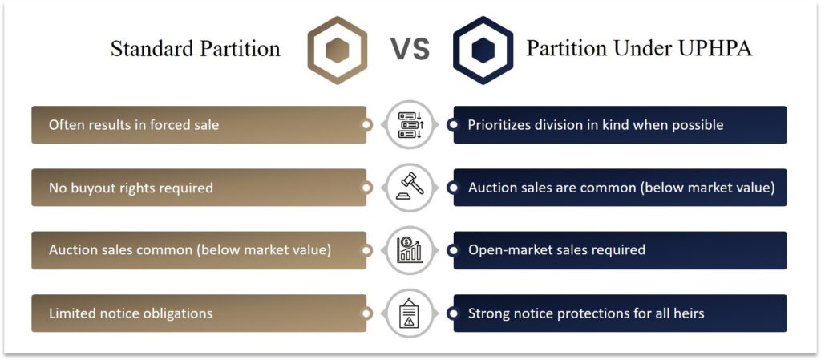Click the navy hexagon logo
pos(482,51)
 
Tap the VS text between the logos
pos(410,50)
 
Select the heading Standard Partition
pos(195,49)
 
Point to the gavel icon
pos(410,188)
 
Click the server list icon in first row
pos(410,125)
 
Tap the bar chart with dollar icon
pos(410,250)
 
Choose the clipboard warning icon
pos(410,313)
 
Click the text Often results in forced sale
pos(134,125)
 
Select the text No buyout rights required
pos(131,188)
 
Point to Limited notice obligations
pos(131,313)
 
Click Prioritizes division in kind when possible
pos(596,125)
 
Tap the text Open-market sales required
pos(556,250)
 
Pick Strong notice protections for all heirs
pos(586,313)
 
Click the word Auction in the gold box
pos(73,250)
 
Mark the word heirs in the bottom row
pos(688,313)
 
